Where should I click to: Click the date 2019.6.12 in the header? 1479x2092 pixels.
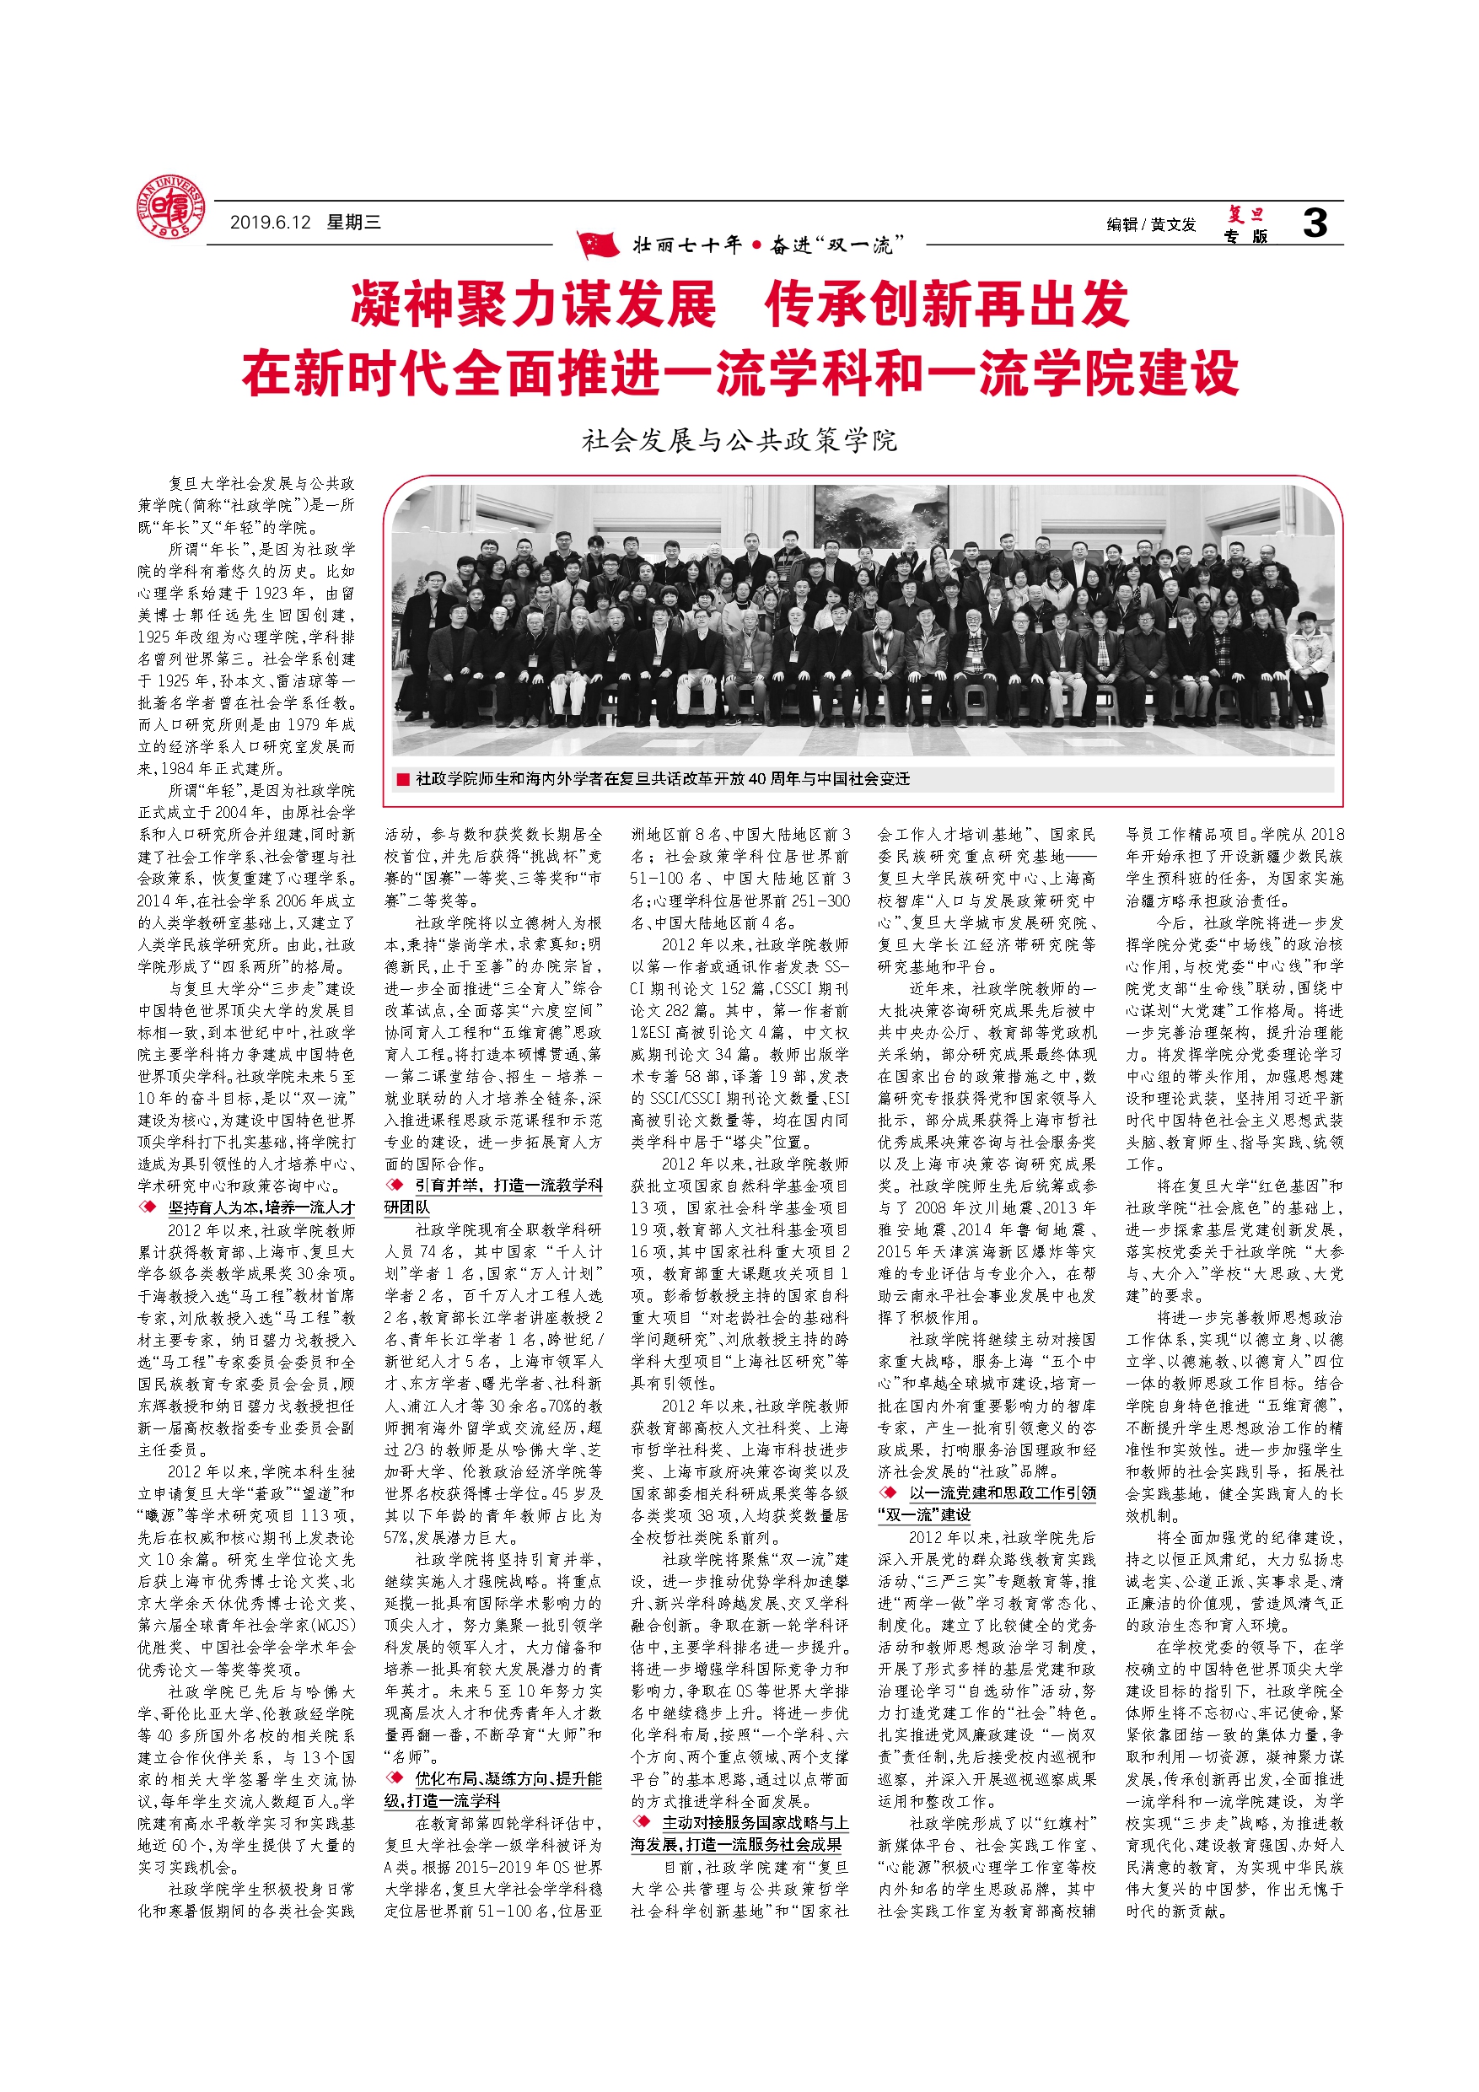[270, 223]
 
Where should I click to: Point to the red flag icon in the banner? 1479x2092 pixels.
[598, 245]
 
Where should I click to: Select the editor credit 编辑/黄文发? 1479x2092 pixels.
[1150, 224]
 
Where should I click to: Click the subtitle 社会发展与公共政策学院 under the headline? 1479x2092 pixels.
[739, 441]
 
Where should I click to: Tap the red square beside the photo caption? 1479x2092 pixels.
[403, 779]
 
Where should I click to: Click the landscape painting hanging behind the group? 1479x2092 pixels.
[868, 516]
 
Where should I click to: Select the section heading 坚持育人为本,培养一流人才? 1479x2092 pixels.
[261, 1207]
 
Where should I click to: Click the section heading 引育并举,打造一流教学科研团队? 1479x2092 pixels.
[508, 1186]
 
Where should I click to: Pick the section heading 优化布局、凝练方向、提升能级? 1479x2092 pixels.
[508, 1778]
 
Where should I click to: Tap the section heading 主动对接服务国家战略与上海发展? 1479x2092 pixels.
[755, 1822]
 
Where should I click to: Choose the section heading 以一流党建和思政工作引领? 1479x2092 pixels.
[1002, 1492]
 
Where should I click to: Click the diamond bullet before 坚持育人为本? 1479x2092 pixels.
[148, 1207]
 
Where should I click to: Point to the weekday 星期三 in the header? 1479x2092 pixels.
[353, 223]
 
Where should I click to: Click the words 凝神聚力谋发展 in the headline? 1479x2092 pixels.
[533, 304]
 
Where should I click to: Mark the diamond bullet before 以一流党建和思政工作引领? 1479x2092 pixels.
[888, 1492]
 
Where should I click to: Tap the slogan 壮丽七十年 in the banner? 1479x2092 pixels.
[688, 245]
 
